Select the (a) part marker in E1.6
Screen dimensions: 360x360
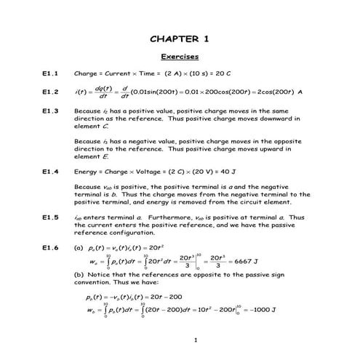[79, 247]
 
